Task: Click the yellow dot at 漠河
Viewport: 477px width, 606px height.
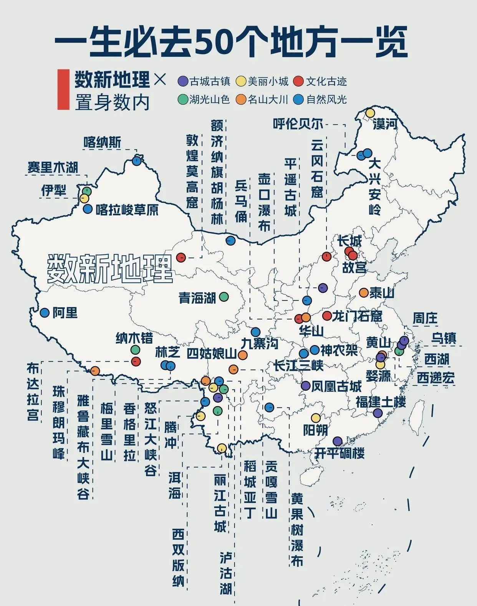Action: click(x=370, y=113)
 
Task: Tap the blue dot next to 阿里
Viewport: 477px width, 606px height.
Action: click(x=45, y=312)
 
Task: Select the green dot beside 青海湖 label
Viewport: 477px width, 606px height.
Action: click(x=224, y=297)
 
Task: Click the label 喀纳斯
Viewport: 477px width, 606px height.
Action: click(x=102, y=142)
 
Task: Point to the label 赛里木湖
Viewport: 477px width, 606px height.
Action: click(x=53, y=167)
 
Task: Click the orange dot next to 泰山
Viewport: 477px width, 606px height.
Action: click(x=364, y=292)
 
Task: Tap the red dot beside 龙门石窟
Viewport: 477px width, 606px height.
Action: click(x=327, y=316)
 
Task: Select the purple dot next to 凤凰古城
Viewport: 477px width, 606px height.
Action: click(x=306, y=386)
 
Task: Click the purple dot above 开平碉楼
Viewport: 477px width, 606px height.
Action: click(x=337, y=441)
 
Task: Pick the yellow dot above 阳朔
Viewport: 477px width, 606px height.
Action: click(x=316, y=418)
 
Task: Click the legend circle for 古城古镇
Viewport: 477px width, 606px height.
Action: click(x=183, y=81)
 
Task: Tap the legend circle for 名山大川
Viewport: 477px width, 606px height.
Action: click(x=241, y=99)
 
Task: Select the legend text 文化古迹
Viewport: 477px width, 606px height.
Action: click(x=326, y=81)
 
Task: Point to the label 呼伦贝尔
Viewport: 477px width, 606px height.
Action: click(x=298, y=124)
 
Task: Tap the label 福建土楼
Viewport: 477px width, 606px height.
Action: click(x=380, y=402)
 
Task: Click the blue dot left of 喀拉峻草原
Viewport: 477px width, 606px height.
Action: click(x=88, y=209)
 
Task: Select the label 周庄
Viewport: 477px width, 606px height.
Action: click(x=425, y=318)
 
